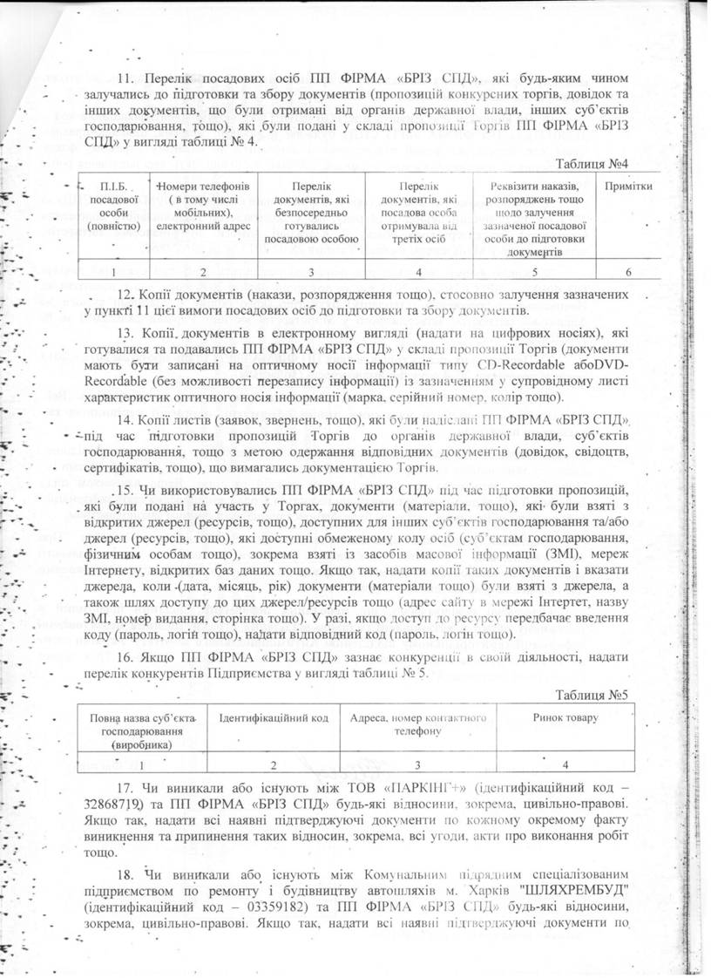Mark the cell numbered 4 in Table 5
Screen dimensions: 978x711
565,764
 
